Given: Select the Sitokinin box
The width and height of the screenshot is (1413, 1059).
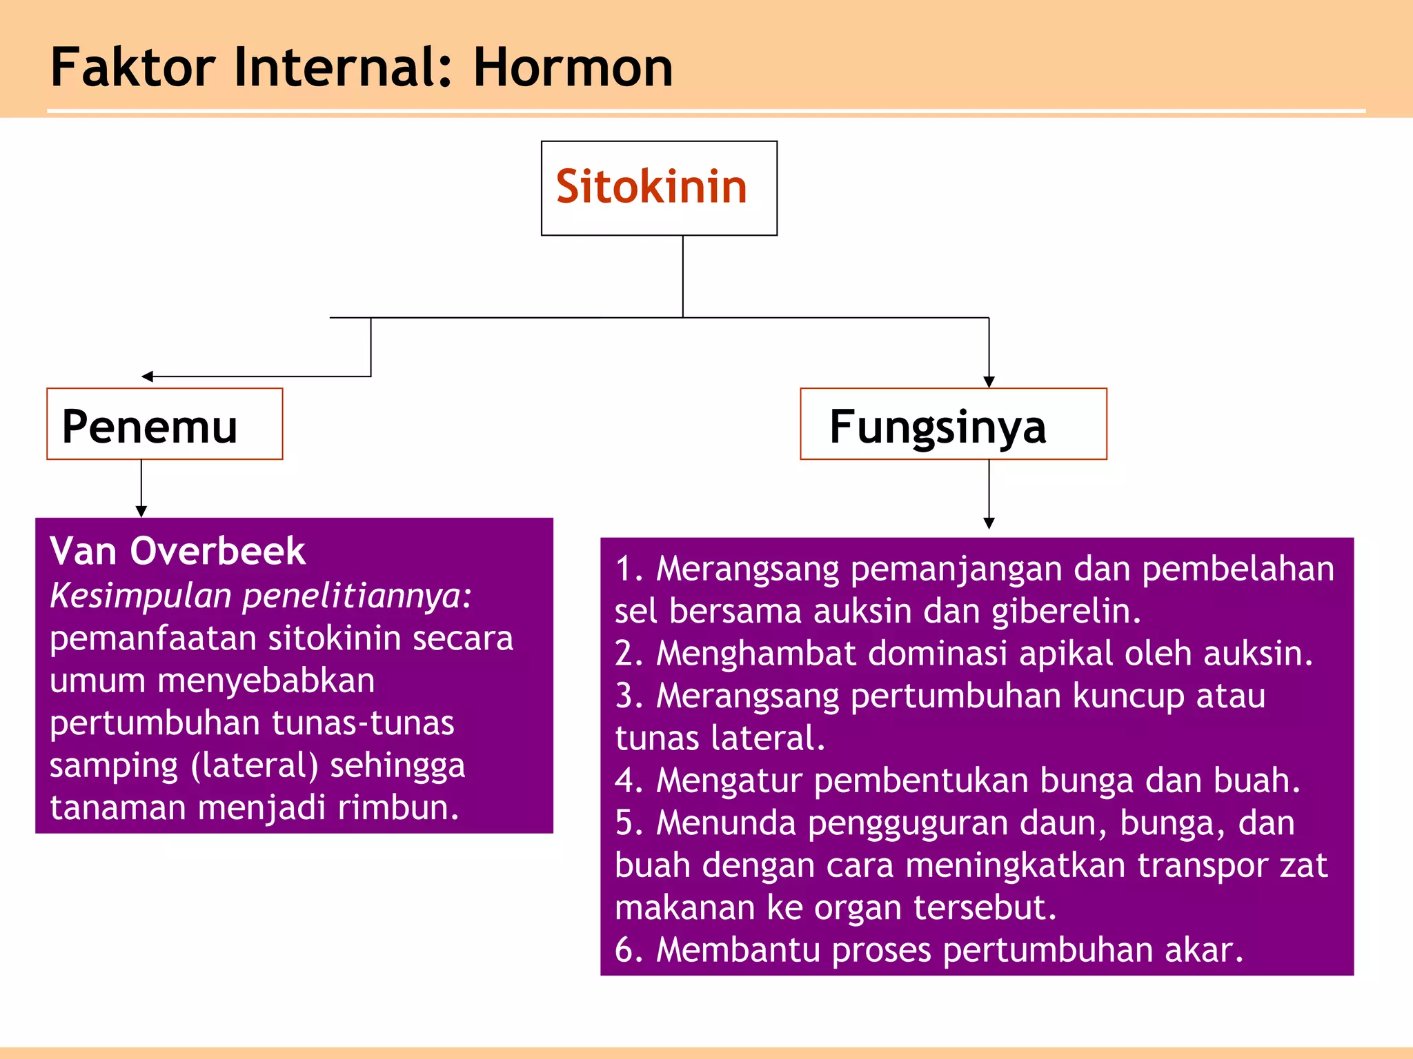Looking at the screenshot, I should tap(659, 188).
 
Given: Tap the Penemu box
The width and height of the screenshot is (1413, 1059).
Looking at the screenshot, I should tap(164, 424).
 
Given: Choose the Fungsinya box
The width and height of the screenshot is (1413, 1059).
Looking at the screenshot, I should tap(953, 424).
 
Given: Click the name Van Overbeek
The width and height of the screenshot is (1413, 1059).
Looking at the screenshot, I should tap(177, 551).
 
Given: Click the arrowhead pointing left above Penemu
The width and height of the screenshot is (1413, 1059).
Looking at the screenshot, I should tap(146, 376).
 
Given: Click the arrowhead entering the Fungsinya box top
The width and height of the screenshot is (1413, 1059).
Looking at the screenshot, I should tap(989, 383).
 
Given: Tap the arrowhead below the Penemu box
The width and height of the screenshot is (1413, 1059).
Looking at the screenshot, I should tap(141, 512).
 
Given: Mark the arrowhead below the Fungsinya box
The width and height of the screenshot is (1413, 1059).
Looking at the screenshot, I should tap(989, 524).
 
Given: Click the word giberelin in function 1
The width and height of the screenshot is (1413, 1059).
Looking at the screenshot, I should tap(1065, 612).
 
